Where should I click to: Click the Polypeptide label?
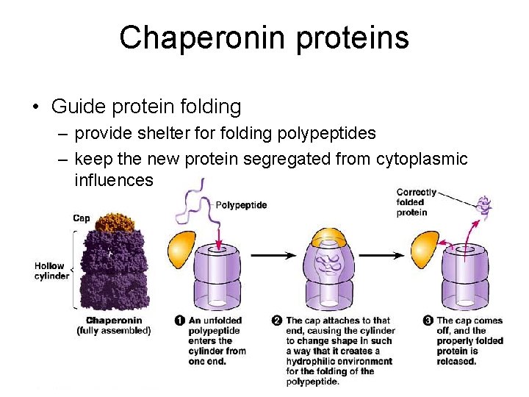[x=242, y=205]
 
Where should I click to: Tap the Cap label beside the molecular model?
[x=82, y=218]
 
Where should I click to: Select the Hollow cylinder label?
[x=51, y=271]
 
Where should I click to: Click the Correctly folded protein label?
[x=417, y=202]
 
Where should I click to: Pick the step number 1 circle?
[x=180, y=320]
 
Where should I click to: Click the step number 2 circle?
[x=277, y=320]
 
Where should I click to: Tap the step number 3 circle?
[x=428, y=320]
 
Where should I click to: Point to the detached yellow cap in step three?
[x=422, y=250]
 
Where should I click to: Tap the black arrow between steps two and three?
[x=381, y=255]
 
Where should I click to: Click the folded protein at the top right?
[x=484, y=207]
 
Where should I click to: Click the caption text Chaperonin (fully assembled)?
[x=114, y=325]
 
